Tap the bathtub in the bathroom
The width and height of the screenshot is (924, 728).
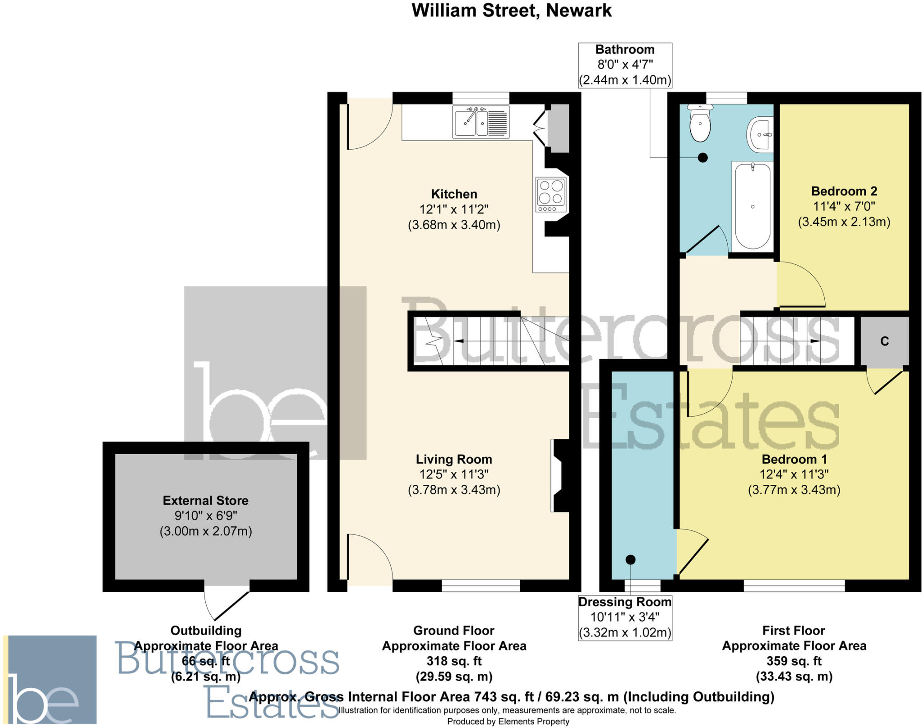[x=753, y=207]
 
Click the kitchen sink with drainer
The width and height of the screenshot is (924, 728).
[x=481, y=121]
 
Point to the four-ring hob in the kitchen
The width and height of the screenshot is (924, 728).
[x=551, y=194]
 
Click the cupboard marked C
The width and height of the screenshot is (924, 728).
[x=884, y=341]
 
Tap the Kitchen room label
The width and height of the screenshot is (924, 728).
[x=454, y=194]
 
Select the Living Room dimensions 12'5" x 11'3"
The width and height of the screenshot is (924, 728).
[x=454, y=475]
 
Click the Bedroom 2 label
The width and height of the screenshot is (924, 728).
[x=844, y=191]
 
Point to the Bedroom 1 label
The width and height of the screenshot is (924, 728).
[x=794, y=459]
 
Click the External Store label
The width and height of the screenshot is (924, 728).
[x=206, y=500]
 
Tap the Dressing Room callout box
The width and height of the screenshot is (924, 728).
[x=625, y=617]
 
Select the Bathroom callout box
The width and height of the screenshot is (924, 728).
[x=625, y=65]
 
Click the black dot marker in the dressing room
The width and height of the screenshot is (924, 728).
[x=630, y=560]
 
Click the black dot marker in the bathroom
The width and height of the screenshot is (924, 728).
[x=702, y=157]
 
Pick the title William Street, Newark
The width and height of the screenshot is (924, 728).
[x=511, y=10]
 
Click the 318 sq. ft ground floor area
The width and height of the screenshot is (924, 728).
[x=454, y=661]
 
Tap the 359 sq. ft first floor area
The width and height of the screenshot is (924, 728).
[x=794, y=661]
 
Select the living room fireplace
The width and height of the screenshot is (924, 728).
[x=559, y=475]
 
